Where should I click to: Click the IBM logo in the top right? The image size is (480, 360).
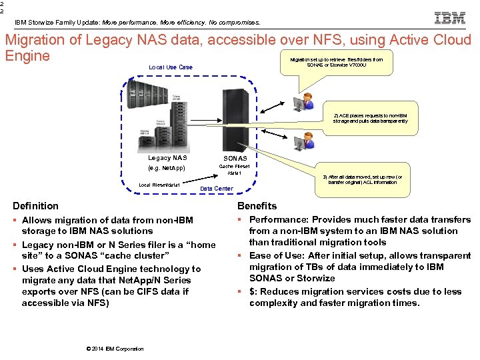[x=449, y=18]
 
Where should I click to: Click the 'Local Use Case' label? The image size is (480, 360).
[x=170, y=67]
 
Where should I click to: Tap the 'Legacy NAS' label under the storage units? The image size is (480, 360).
[x=167, y=158]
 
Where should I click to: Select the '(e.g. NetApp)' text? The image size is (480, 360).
[x=166, y=168]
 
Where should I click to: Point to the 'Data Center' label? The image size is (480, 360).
[x=217, y=189]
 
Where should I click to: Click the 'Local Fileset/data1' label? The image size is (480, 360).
[x=159, y=185]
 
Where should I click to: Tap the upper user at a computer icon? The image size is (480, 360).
[x=308, y=101]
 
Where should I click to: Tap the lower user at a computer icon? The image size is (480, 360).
[x=308, y=141]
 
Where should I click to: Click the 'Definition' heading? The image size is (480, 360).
[x=36, y=206]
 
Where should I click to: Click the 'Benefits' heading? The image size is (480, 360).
[x=257, y=206]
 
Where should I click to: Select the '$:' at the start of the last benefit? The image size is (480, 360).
[x=253, y=291]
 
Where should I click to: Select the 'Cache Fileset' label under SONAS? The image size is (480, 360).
[x=234, y=167]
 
